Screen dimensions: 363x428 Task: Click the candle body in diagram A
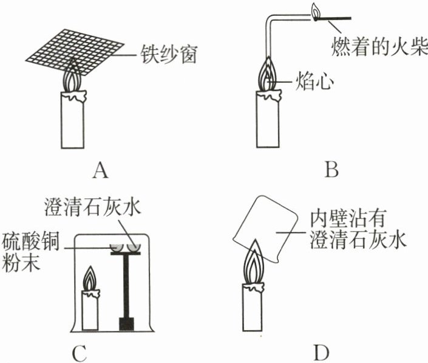(x=73, y=122)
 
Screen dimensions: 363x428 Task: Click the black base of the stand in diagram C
(x=126, y=323)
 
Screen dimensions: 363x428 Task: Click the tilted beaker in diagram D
(x=267, y=228)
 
